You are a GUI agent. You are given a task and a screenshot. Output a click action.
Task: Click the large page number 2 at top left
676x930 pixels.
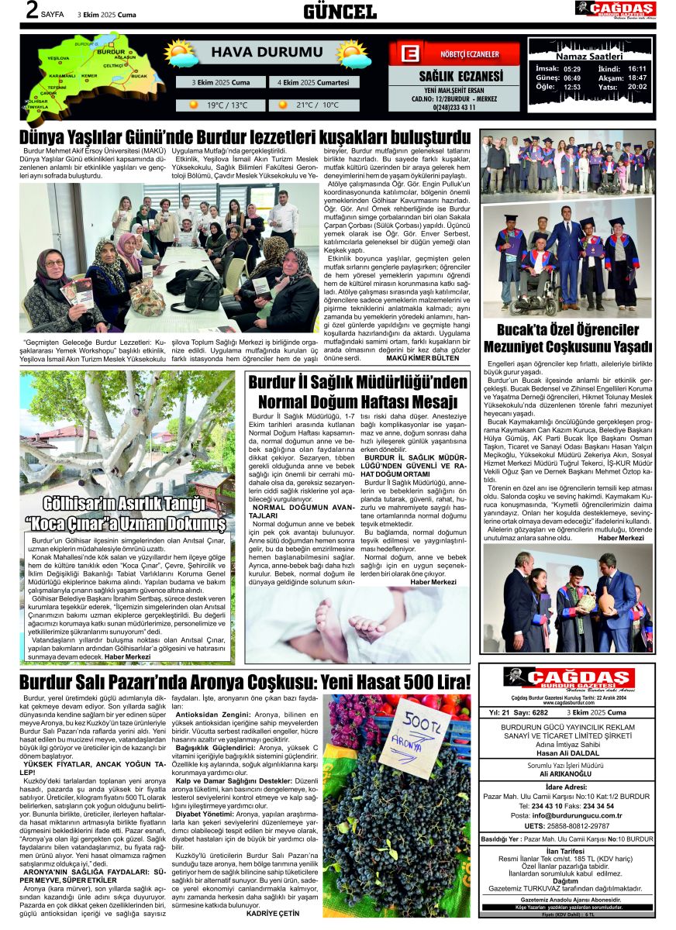(x=31, y=11)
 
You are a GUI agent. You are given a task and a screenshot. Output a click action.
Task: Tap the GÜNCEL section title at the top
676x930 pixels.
(x=340, y=12)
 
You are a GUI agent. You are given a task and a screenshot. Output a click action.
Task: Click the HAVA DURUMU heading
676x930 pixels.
(x=267, y=52)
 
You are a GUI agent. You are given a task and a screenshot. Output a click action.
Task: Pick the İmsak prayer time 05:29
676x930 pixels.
(x=572, y=69)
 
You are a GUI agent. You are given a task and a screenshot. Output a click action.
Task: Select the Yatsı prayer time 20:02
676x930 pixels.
(x=637, y=87)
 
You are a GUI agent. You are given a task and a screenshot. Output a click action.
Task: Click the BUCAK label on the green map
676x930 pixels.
(x=139, y=77)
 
